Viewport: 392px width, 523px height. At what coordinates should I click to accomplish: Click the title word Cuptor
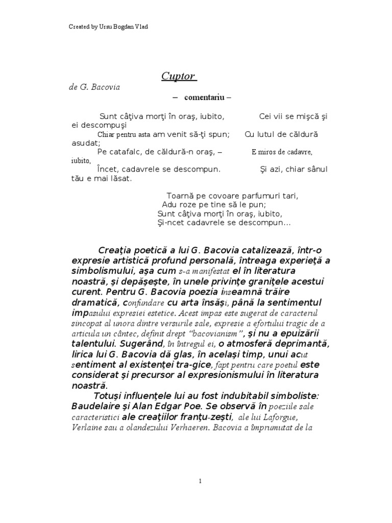click(178, 77)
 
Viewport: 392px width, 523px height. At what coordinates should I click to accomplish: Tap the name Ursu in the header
click(105, 27)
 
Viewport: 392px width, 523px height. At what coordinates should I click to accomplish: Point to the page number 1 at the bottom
click(201, 481)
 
